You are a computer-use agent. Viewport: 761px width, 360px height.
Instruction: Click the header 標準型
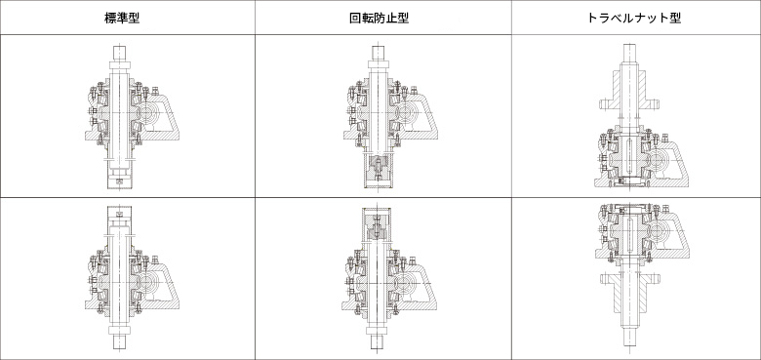coord(122,18)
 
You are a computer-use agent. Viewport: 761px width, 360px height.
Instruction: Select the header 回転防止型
coord(380,18)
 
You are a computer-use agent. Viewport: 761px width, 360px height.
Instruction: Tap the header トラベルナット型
coord(634,18)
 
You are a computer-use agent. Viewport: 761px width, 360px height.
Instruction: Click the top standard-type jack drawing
coord(132,117)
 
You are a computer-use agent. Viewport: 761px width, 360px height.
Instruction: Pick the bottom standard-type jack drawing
coord(132,277)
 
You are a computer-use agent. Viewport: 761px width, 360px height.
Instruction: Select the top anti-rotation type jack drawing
coord(390,117)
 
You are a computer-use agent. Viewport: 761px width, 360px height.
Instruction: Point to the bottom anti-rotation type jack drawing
coord(390,277)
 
